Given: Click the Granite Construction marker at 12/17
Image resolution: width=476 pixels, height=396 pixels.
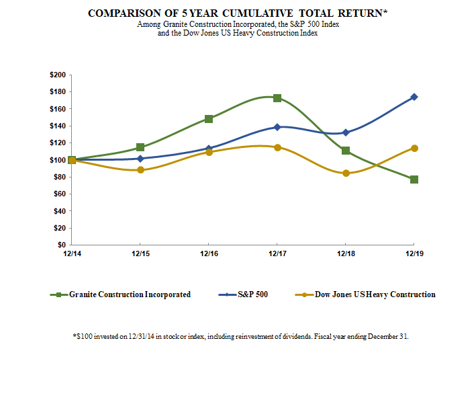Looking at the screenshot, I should pyautogui.click(x=277, y=98).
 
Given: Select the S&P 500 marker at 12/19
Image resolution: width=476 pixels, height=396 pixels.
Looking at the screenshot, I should pyautogui.click(x=414, y=97).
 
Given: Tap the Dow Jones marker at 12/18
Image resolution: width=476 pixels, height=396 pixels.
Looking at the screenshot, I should pyautogui.click(x=346, y=173).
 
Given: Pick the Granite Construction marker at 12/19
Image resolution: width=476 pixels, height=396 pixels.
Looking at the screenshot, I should pyautogui.click(x=414, y=180).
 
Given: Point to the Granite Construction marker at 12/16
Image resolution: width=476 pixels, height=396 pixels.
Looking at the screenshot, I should pyautogui.click(x=209, y=119).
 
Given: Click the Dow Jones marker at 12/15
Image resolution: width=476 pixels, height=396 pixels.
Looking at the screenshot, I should pyautogui.click(x=140, y=170).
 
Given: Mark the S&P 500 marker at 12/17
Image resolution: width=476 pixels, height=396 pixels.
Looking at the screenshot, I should pyautogui.click(x=277, y=127).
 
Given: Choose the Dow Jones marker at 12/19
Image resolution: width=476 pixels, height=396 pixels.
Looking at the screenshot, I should pyautogui.click(x=414, y=148).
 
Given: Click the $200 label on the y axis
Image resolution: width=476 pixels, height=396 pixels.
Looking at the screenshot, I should pyautogui.click(x=58, y=75).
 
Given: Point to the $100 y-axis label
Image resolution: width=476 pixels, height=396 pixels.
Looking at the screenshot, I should pyautogui.click(x=58, y=160).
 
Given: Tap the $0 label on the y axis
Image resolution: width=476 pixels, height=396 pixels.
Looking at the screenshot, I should pyautogui.click(x=62, y=245).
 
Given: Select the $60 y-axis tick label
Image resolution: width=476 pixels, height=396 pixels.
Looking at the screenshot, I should pyautogui.click(x=60, y=194).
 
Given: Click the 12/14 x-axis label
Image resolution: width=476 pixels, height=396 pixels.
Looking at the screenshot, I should pyautogui.click(x=72, y=253).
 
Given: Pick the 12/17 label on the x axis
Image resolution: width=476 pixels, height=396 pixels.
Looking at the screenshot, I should pyautogui.click(x=277, y=253).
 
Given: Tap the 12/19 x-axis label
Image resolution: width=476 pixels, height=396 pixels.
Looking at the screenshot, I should pyautogui.click(x=414, y=253).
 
